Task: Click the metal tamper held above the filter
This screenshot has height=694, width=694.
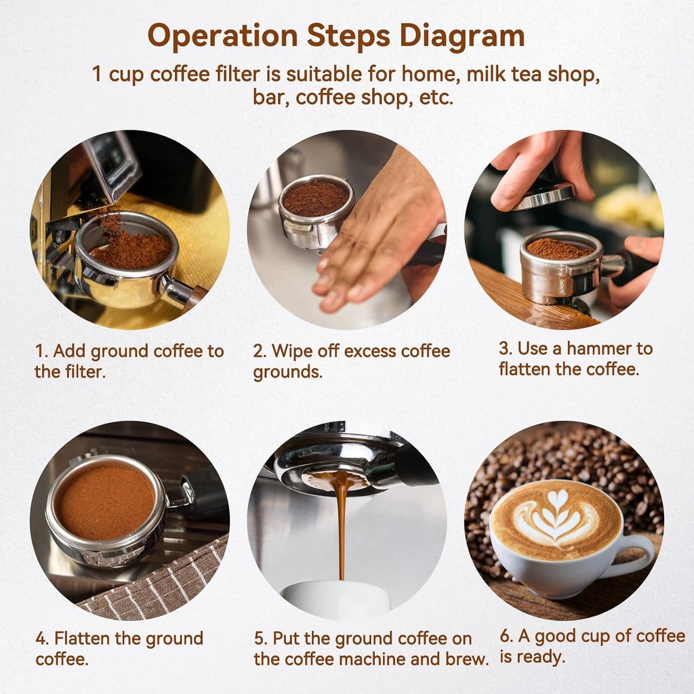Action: coord(543,197)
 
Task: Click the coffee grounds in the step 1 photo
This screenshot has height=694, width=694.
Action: coord(129,247)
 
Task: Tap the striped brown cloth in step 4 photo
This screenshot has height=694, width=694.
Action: coord(163,583)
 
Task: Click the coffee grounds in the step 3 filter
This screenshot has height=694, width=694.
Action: coord(559,249)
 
